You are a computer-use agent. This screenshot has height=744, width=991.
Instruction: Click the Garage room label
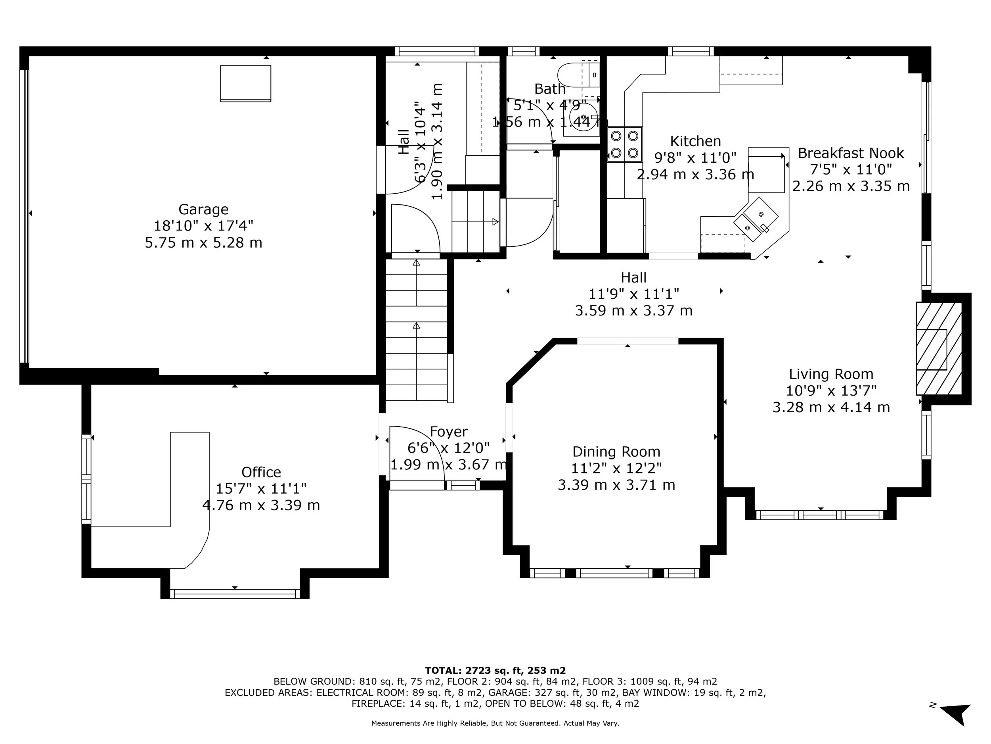coord(203,210)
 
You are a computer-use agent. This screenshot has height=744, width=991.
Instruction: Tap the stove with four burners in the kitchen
coord(624,144)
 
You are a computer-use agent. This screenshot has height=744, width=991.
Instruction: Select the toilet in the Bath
coord(571,75)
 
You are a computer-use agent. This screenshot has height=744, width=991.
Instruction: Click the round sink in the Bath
coord(582,117)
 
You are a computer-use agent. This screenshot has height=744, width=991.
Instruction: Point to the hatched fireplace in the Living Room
coord(938,349)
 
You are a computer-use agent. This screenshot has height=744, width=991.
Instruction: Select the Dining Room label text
coord(616,452)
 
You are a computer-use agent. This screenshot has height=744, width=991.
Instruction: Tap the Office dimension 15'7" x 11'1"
coord(261,488)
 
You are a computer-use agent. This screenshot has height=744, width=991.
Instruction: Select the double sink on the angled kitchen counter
coord(756,219)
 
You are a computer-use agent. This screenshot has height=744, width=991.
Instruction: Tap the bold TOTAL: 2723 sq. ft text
coord(495,671)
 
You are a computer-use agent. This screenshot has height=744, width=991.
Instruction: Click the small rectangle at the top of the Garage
coord(245,83)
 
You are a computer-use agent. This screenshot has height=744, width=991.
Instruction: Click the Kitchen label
coord(695,141)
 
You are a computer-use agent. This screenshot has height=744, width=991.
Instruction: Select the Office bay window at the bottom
coord(235,594)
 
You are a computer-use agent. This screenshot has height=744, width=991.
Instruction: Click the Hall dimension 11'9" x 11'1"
coord(633,294)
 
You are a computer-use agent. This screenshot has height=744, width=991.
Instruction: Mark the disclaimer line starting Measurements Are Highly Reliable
coord(495,723)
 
